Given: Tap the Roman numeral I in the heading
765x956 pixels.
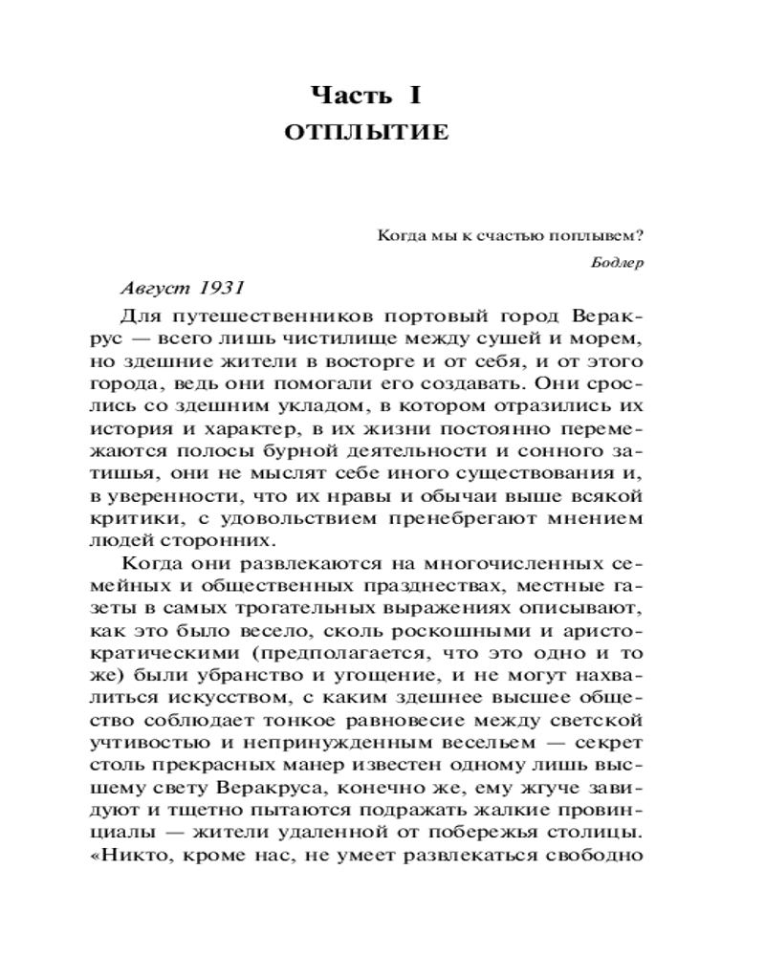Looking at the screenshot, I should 417,96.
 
